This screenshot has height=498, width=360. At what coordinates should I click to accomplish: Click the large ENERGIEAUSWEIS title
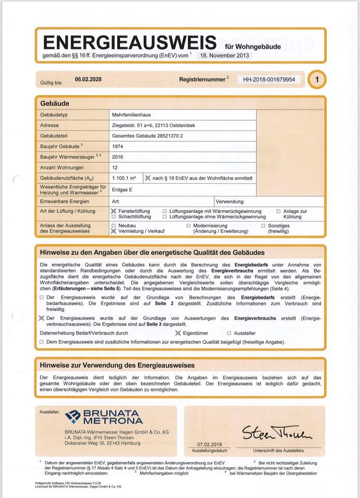[130, 42]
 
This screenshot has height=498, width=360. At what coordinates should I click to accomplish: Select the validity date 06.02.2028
[88, 79]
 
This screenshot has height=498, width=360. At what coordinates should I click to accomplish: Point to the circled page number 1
[317, 80]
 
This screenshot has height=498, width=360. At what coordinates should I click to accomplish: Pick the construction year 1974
[117, 146]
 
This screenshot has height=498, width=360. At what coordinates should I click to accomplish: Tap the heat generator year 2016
[117, 157]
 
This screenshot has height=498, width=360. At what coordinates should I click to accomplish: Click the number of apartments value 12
[115, 168]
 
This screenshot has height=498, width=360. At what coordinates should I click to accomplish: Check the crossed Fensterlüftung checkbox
[114, 212]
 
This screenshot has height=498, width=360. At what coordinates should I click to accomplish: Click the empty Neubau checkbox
[114, 226]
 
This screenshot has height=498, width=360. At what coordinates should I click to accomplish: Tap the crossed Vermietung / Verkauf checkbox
[114, 232]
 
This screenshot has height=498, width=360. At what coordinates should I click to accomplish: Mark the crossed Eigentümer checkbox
[178, 333]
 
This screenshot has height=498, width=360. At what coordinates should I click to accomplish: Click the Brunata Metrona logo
[104, 417]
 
